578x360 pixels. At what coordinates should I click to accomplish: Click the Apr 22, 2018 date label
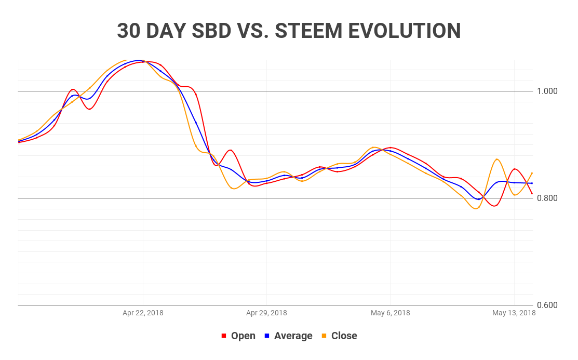[x=143, y=313]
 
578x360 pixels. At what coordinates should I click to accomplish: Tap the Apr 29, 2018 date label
[x=266, y=313]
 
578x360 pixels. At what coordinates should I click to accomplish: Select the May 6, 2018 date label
[x=390, y=313]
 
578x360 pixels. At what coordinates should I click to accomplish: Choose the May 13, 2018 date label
[x=514, y=313]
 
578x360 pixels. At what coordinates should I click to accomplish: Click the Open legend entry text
[x=243, y=336]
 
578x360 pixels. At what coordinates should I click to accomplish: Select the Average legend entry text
[x=293, y=336]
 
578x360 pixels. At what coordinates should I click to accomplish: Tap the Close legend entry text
[x=344, y=336]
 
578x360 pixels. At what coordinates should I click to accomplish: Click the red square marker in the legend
[x=224, y=336]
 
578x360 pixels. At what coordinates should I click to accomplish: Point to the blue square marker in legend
[x=267, y=336]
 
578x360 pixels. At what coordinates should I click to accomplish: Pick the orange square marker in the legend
[x=324, y=336]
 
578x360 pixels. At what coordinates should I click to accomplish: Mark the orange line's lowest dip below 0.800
[x=476, y=208]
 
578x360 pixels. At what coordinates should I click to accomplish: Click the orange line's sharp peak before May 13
[x=497, y=159]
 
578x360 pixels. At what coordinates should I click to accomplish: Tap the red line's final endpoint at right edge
[x=532, y=194]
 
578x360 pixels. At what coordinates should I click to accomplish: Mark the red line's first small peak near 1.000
[x=73, y=89]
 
